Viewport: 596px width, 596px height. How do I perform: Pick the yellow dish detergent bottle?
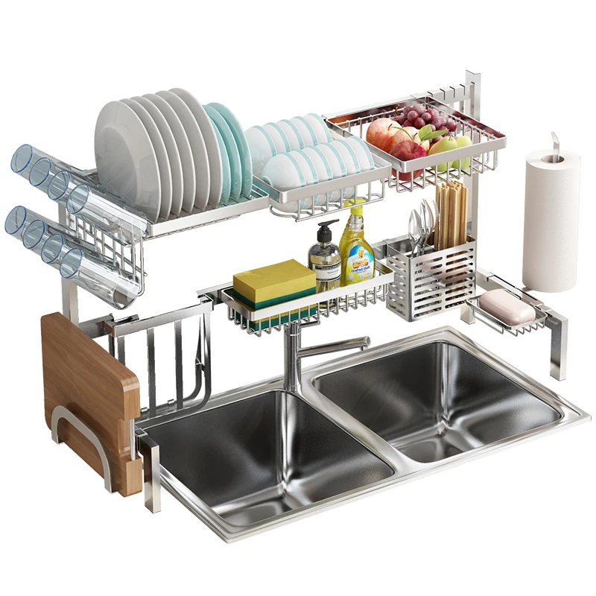357,250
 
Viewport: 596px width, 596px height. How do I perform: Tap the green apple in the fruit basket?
447,149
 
